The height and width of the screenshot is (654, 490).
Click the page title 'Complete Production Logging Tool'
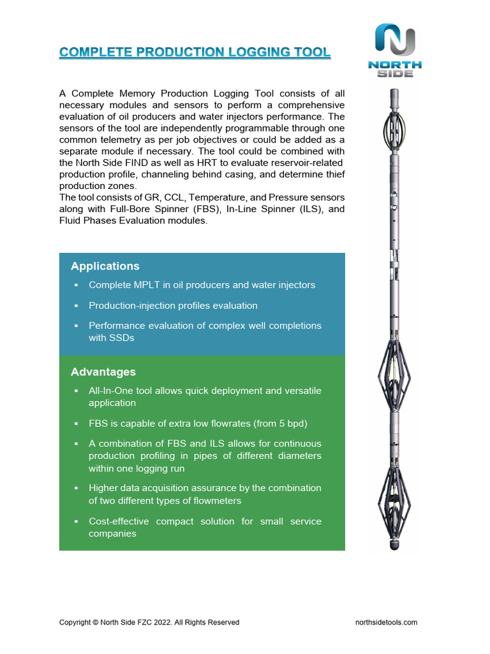195,52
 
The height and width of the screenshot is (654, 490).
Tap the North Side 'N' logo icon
395,40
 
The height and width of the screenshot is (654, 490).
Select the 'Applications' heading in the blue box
105,266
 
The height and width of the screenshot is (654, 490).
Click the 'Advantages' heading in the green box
103,372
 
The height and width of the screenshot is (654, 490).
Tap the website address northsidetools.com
386,622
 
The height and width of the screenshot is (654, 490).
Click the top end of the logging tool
395,93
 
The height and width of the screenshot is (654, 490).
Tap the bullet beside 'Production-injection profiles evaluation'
75,305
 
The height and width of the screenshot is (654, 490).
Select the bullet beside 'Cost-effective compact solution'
75,521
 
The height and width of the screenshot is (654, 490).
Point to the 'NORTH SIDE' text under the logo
395,68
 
